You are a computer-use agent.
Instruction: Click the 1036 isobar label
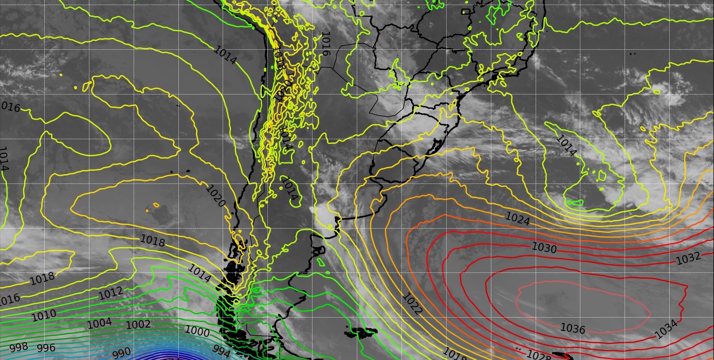coord(572,329)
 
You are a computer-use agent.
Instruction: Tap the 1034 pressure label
coord(666,330)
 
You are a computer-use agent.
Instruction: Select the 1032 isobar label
coord(688,259)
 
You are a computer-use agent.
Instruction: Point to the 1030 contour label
coord(544,248)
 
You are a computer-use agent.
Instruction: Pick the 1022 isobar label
coord(412,304)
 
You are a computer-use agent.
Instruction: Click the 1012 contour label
coord(111,292)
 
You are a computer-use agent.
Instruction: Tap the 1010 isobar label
coord(44,315)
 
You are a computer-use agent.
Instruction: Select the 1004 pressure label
coord(100,323)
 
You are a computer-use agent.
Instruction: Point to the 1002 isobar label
coord(138,325)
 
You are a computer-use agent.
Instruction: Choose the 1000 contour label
coord(197,331)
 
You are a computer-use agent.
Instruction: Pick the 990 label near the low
coord(122,354)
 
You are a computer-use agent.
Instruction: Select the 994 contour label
coord(221,352)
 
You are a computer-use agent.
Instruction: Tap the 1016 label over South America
coord(326,44)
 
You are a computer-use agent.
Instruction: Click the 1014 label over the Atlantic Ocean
coord(566,145)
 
